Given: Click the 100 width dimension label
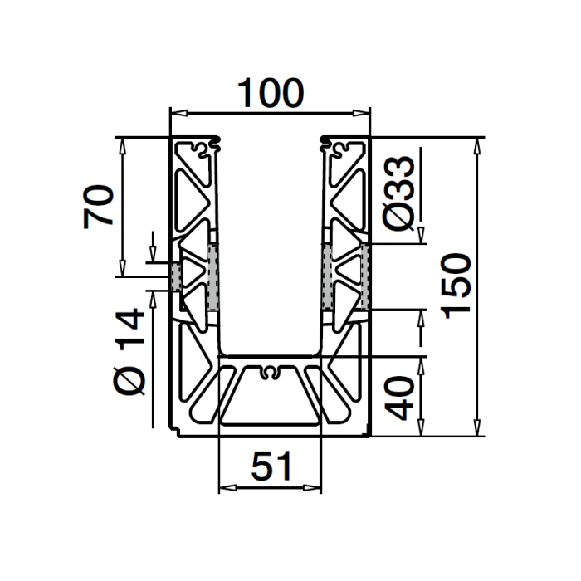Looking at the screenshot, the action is [x=271, y=93].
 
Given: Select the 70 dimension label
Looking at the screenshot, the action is [x=98, y=207].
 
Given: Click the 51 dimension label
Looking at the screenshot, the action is [x=271, y=466].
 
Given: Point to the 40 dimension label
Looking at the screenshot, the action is [x=399, y=398].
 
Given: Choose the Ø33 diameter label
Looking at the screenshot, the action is [x=399, y=193].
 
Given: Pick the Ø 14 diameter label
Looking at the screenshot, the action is [x=129, y=352].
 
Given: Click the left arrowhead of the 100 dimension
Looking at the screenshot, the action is [x=179, y=113].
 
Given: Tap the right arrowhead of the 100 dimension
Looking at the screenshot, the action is [x=361, y=113].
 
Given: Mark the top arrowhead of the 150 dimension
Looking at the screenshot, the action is [x=477, y=146].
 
